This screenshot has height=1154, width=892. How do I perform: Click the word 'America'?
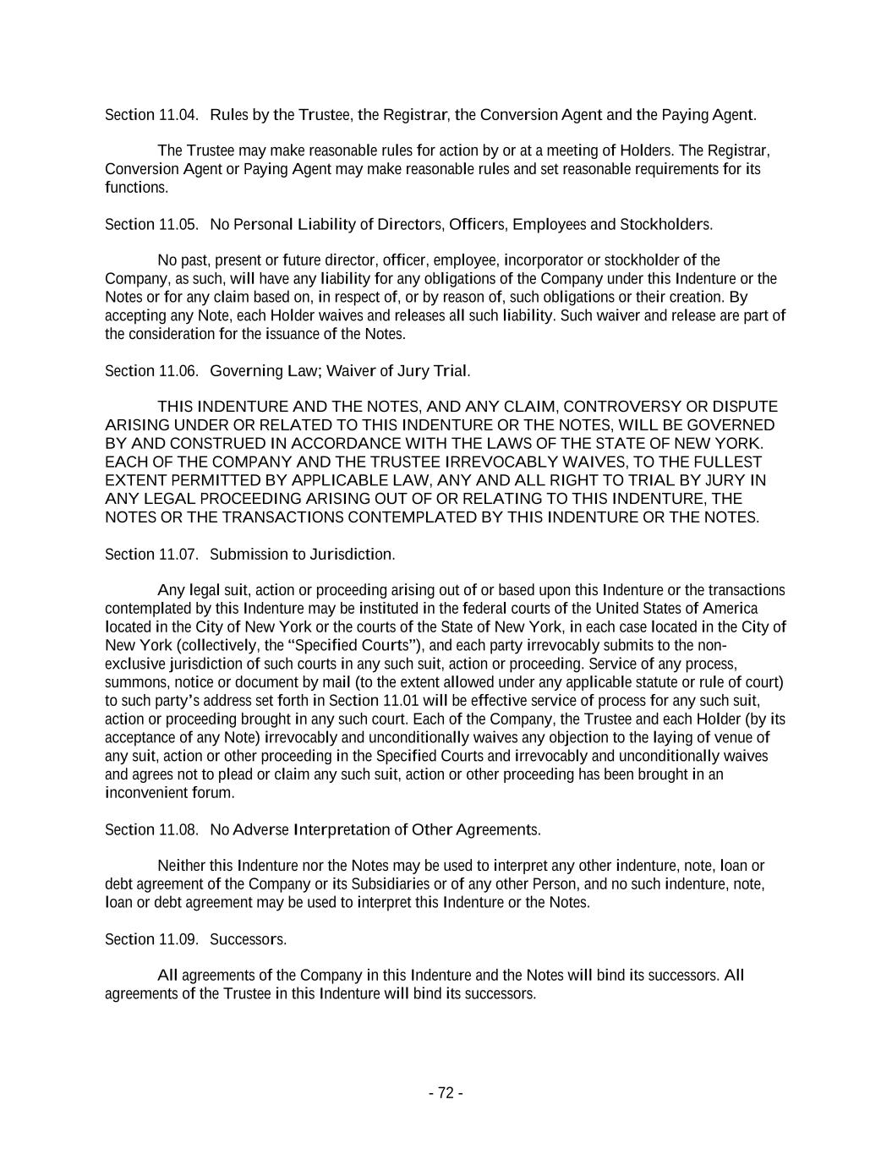(x=730, y=609)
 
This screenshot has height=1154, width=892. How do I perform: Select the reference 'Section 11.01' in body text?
(x=374, y=701)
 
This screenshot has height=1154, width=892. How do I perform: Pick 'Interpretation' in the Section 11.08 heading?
(x=341, y=829)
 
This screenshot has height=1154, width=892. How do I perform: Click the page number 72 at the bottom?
(x=446, y=1093)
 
